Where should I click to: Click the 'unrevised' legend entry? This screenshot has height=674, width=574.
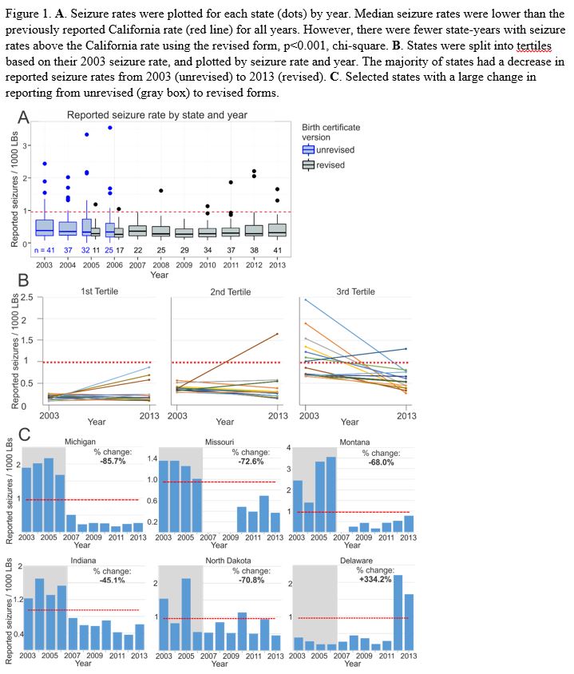point(334,149)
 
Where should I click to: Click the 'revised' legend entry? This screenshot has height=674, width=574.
point(331,165)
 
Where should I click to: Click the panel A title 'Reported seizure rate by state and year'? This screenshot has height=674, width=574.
point(157,115)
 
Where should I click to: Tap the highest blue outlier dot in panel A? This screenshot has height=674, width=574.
point(110,128)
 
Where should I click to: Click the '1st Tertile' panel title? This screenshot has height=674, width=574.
point(99,291)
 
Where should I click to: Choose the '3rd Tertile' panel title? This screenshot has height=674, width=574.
point(353,291)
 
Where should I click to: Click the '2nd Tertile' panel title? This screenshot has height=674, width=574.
point(229,291)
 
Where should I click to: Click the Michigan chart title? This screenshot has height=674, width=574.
point(81,442)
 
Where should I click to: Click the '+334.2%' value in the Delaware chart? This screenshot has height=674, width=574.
point(374,579)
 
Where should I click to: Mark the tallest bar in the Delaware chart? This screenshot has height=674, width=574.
point(397,611)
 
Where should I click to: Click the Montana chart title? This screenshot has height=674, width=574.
point(354,442)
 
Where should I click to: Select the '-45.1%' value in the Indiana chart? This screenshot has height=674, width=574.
point(109,580)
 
